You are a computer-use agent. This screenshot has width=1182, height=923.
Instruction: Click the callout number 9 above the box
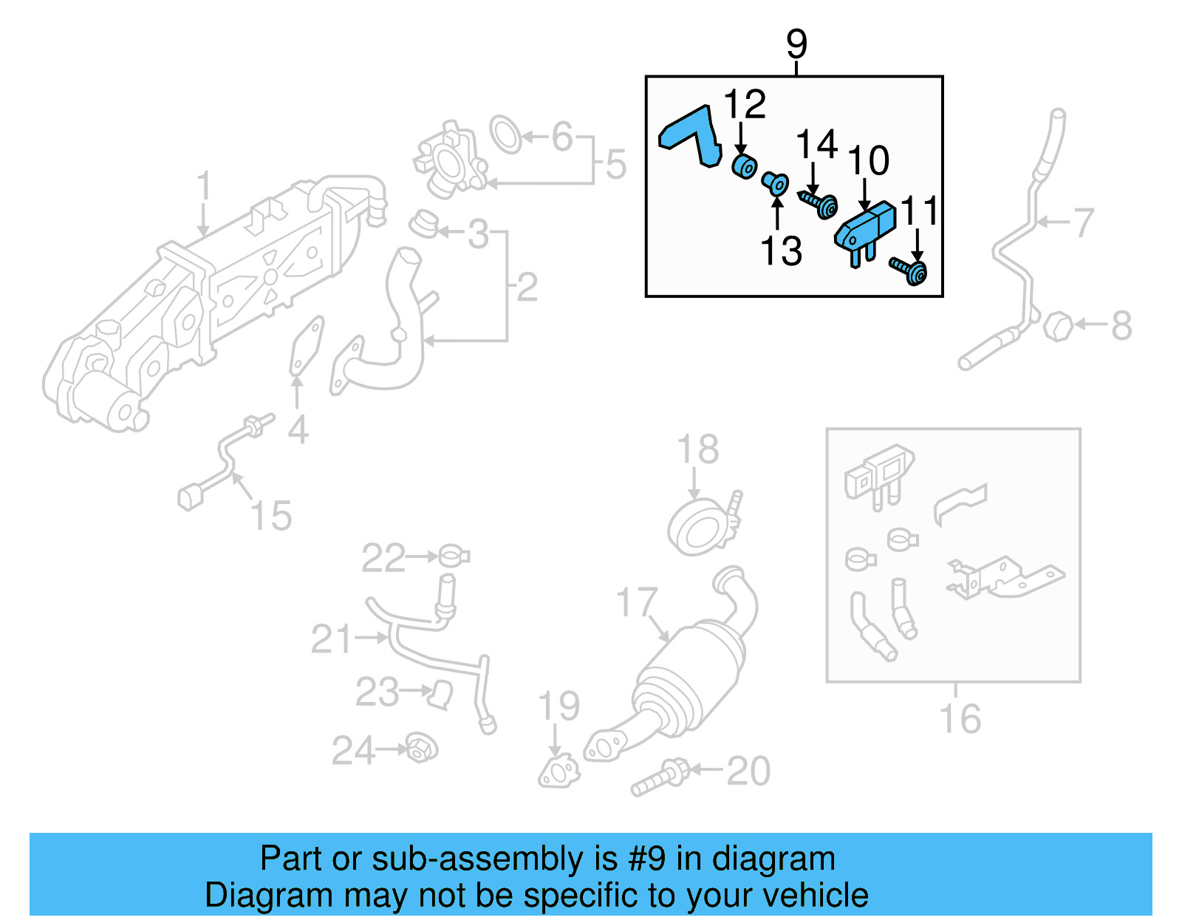pos(796,44)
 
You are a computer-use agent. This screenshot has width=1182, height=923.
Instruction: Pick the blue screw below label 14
pos(819,204)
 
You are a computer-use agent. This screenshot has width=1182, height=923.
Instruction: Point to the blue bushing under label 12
pos(744,166)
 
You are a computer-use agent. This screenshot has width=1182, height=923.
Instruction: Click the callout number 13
pos(781,251)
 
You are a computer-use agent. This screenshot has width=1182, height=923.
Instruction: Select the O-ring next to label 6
pos(506,134)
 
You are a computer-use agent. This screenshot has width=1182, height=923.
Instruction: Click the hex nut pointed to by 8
pos(1058,325)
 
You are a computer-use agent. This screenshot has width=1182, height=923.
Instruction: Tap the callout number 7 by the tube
pos(1083,222)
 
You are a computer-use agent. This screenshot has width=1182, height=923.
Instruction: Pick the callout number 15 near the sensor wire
pos(271,515)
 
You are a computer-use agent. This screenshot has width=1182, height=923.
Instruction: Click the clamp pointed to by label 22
pos(454,556)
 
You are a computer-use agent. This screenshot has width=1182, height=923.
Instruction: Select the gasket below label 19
pos(558,772)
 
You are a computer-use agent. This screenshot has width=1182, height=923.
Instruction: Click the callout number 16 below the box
pos(960,718)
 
